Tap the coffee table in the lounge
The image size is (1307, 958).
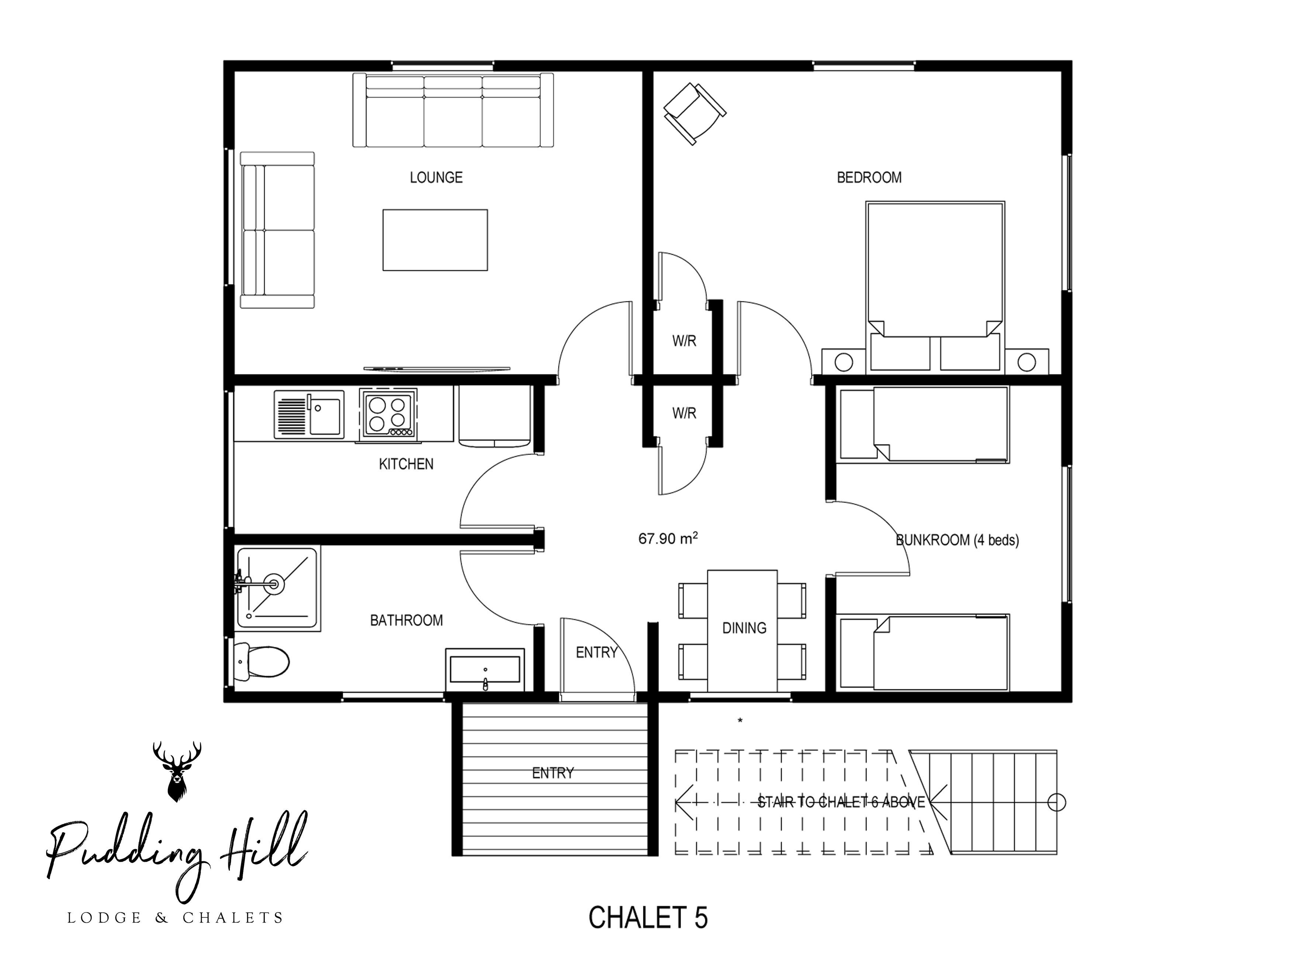point(435,240)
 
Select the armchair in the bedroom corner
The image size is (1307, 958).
point(694,114)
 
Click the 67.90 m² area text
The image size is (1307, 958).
point(667,539)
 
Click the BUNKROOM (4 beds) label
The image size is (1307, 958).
point(957,541)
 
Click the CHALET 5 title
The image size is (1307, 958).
point(648,917)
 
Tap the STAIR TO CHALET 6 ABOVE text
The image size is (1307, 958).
point(841,803)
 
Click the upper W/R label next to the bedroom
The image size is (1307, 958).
point(684,341)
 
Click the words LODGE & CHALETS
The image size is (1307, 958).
point(175,918)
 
